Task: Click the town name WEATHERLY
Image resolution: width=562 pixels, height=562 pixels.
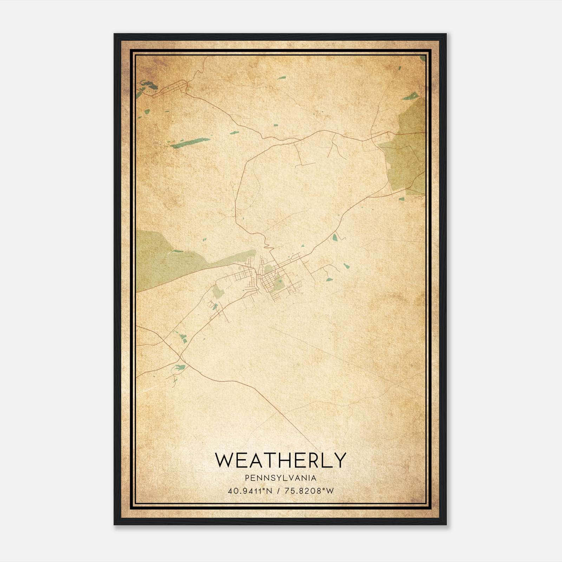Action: click(x=281, y=460)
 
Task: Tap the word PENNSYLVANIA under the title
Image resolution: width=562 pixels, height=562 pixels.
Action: click(x=281, y=478)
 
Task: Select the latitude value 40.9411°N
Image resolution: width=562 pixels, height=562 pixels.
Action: click(x=250, y=491)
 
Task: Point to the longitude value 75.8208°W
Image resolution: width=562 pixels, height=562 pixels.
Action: click(x=309, y=491)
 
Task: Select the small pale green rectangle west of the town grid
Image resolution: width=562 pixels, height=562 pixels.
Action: click(x=217, y=291)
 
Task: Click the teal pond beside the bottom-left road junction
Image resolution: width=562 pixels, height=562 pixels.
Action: click(x=178, y=368)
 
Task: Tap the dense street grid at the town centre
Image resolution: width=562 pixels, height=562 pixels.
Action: click(x=267, y=277)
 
